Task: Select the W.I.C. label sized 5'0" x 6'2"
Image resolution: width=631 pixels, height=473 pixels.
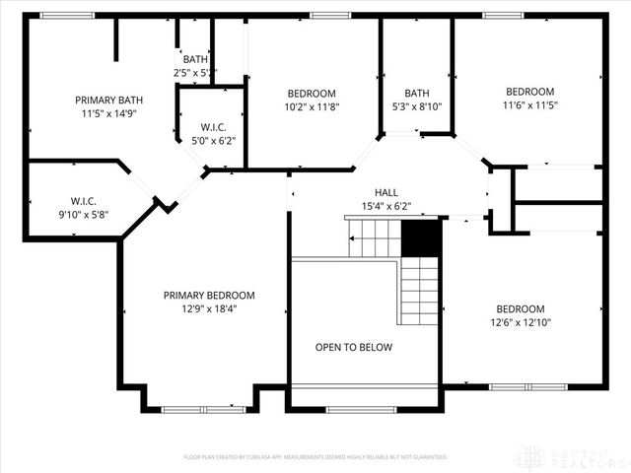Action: pos(214,127)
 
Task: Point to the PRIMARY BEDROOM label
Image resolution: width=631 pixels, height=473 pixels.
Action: pos(209,295)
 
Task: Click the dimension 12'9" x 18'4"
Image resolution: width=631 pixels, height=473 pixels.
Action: pos(209,308)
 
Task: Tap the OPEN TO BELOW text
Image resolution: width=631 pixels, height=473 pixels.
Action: pos(354,347)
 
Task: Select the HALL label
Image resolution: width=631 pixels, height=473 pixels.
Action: pos(386,192)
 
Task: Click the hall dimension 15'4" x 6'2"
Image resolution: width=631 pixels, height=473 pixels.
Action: pos(386,207)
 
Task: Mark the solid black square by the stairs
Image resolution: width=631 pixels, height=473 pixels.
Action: pos(421,237)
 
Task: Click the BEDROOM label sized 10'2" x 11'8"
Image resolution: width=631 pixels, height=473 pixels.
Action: pos(312,93)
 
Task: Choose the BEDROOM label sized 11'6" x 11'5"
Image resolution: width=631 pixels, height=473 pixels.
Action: pos(528,92)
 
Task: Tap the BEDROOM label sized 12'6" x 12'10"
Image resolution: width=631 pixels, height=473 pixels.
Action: pos(520,308)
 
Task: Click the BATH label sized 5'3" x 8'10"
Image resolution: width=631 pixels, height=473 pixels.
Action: pos(416,93)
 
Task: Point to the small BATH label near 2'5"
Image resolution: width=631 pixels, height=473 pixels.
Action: pos(195,60)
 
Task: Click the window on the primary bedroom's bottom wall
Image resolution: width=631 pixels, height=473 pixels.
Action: pos(203,409)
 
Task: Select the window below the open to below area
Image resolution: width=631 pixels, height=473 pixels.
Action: pos(361,409)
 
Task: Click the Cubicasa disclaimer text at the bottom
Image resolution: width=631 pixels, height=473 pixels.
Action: pos(315,457)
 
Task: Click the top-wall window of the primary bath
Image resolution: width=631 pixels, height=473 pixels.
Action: pos(67,15)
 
